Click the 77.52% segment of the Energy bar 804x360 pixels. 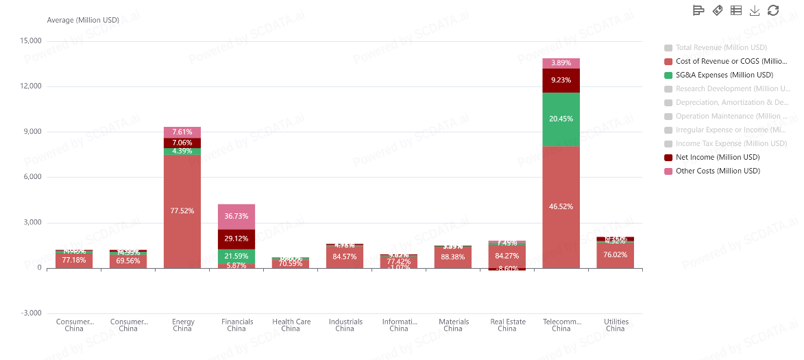click(182, 211)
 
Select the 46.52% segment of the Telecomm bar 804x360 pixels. click(561, 206)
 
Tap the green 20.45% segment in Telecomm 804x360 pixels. click(561, 119)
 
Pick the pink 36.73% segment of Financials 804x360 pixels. click(236, 216)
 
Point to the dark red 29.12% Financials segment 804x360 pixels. click(236, 239)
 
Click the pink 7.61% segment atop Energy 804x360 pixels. click(182, 132)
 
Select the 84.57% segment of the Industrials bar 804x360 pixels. click(345, 256)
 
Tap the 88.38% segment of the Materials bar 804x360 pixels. click(453, 257)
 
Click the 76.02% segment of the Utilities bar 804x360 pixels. click(616, 254)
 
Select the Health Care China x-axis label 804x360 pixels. click(291, 325)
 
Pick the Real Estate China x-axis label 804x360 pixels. click(507, 325)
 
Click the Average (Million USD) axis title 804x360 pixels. click(83, 20)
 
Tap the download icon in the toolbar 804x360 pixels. click(755, 10)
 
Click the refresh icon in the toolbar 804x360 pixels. click(773, 10)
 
